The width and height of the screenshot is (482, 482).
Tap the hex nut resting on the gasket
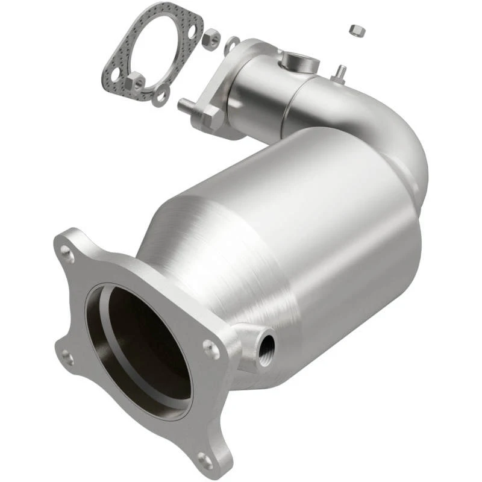coord(136,80)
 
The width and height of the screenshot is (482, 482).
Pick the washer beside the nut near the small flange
coord(231,43)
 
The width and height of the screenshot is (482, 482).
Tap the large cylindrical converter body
coord(313,229)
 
